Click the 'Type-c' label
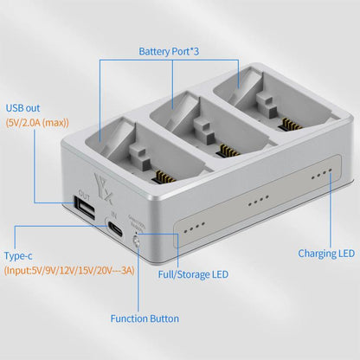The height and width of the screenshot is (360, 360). pyautogui.click(x=24, y=257)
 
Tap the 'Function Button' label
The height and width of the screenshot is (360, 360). pyautogui.click(x=145, y=318)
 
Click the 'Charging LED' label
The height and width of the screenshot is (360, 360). pyautogui.click(x=326, y=254)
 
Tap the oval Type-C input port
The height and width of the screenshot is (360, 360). pyautogui.click(x=116, y=229)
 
